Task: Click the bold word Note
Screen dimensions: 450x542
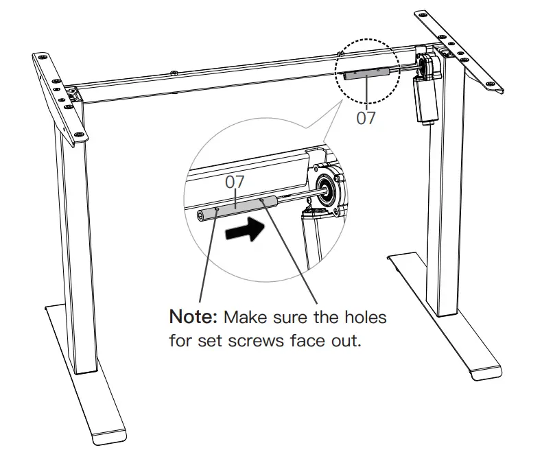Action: point(193,319)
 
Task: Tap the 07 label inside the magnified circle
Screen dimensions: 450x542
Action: point(235,182)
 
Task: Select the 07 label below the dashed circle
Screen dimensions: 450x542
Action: point(366,117)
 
